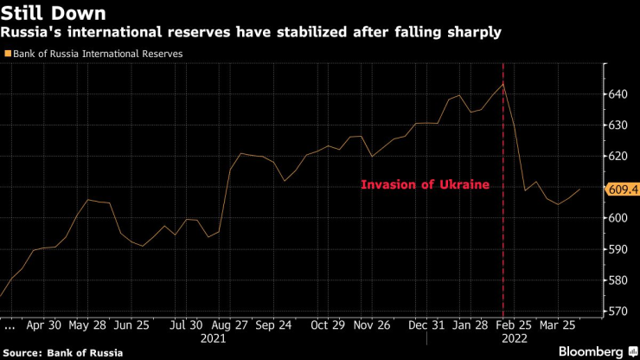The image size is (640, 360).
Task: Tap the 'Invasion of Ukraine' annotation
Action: [x=425, y=184]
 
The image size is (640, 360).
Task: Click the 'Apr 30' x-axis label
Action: [x=44, y=328]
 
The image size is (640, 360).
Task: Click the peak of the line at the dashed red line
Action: [x=503, y=83]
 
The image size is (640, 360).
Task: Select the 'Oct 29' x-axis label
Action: [x=328, y=328]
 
